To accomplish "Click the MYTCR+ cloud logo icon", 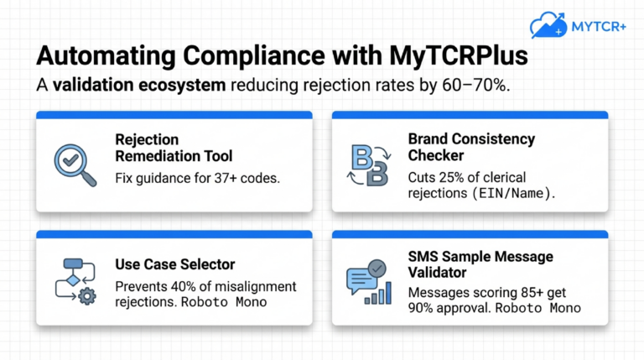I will tap(546, 24).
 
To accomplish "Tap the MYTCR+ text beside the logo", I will tap(599, 25).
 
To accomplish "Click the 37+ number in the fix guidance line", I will tap(210, 178).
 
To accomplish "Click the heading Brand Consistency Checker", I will tap(471, 148).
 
